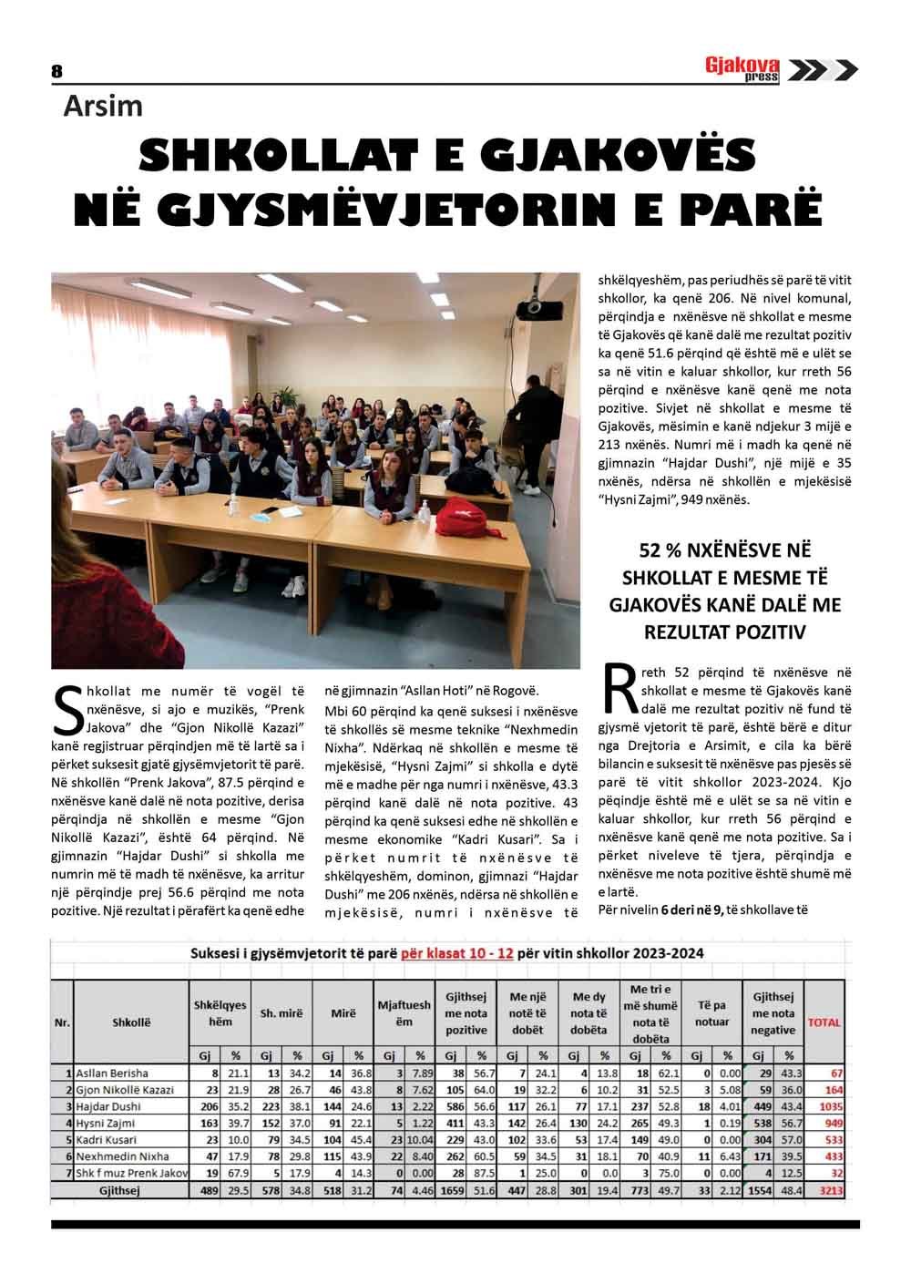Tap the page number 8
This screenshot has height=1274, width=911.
click(x=56, y=71)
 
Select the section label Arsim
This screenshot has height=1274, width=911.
click(x=103, y=107)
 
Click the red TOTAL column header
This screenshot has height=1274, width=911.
click(x=824, y=1022)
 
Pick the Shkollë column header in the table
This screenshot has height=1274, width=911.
click(x=130, y=1022)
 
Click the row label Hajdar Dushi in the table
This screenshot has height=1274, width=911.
click(x=108, y=1106)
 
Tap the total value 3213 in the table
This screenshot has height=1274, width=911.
click(x=831, y=1189)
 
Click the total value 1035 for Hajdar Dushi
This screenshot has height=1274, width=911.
click(x=831, y=1106)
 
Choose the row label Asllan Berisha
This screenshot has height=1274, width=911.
click(x=112, y=1074)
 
